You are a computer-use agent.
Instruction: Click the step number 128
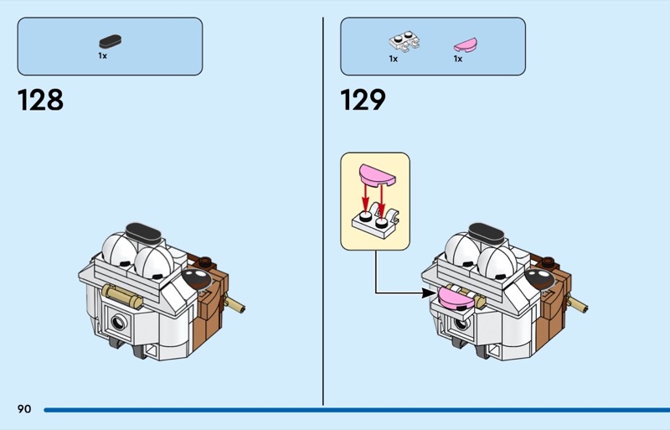coord(40,101)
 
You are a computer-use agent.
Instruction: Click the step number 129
coord(363,101)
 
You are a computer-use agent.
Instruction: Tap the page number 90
coord(23,409)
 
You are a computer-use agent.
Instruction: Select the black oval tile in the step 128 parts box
coord(110,41)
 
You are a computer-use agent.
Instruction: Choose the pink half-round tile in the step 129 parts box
coord(464,42)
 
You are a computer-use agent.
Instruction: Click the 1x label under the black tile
coord(102,56)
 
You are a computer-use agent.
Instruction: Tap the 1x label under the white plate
coord(393,60)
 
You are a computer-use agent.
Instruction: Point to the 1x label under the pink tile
coord(458,60)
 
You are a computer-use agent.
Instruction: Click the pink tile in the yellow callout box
coord(375,174)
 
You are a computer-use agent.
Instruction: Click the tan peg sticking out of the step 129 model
coord(580,302)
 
